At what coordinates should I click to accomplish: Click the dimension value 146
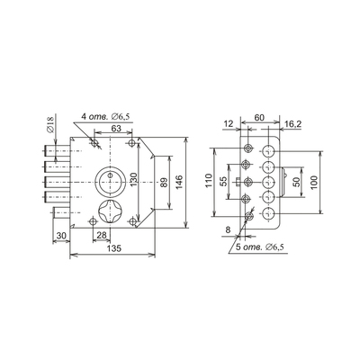178,182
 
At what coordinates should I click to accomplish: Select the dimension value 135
113,248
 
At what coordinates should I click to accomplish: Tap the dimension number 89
164,183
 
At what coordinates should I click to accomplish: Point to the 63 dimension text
116,129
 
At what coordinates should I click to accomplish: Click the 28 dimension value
102,235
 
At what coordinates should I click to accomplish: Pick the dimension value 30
61,236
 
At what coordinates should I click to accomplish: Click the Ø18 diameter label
49,125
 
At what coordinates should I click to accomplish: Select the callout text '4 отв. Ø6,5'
106,117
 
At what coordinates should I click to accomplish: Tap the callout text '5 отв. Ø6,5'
260,247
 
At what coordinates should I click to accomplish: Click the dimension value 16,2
292,124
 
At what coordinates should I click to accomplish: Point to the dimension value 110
209,180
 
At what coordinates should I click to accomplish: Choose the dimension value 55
223,182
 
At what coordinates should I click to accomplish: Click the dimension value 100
313,182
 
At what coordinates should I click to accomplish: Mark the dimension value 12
229,123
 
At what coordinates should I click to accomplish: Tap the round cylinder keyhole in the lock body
110,181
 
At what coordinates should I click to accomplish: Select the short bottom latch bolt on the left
61,213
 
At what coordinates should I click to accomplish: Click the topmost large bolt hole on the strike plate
268,150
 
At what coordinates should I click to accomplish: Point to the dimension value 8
228,230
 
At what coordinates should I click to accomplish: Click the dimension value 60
259,118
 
